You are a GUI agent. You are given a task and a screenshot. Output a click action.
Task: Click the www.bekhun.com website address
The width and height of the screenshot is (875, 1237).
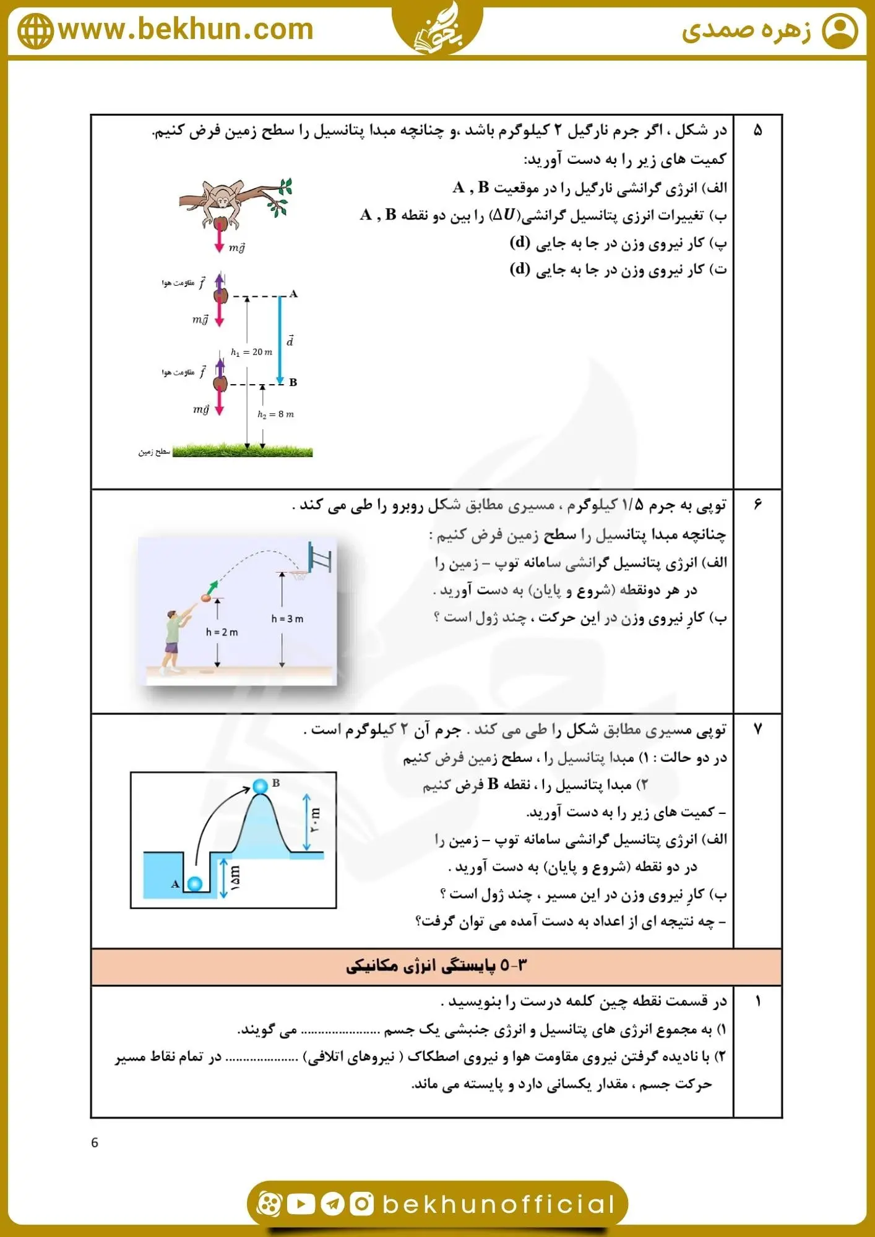pos(186,29)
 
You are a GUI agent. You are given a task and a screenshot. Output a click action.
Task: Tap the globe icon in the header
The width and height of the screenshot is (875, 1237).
pos(35,31)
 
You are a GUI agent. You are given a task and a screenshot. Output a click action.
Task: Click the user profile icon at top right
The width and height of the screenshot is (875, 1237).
pos(840,31)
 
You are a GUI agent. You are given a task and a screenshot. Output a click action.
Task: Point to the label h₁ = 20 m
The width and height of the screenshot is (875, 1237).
pos(251,352)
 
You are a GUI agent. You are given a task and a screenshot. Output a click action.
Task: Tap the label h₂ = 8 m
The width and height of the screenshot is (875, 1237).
pos(275,414)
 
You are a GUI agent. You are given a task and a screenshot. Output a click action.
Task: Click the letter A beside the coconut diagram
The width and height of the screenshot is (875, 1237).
pos(293,294)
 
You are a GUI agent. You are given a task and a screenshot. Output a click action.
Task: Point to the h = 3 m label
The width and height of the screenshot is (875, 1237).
pos(287,618)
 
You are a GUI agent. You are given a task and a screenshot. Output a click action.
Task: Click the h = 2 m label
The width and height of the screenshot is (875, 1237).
pos(222,632)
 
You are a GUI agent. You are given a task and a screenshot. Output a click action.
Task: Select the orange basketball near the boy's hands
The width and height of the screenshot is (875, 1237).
pos(206,598)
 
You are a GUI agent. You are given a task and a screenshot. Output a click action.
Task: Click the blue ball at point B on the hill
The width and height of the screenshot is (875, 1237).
pos(261,786)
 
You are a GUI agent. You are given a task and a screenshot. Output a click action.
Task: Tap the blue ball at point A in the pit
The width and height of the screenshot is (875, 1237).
pos(194,884)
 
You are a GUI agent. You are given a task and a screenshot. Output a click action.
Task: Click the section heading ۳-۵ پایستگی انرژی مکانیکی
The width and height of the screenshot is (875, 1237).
pos(436,966)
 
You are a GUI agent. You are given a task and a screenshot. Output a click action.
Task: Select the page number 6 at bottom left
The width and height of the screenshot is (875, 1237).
pos(95,1142)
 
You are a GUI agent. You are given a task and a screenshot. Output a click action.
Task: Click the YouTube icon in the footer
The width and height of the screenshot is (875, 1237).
pos(301,1204)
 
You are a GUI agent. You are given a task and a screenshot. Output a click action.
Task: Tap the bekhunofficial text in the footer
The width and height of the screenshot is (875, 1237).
pos(498,1204)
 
